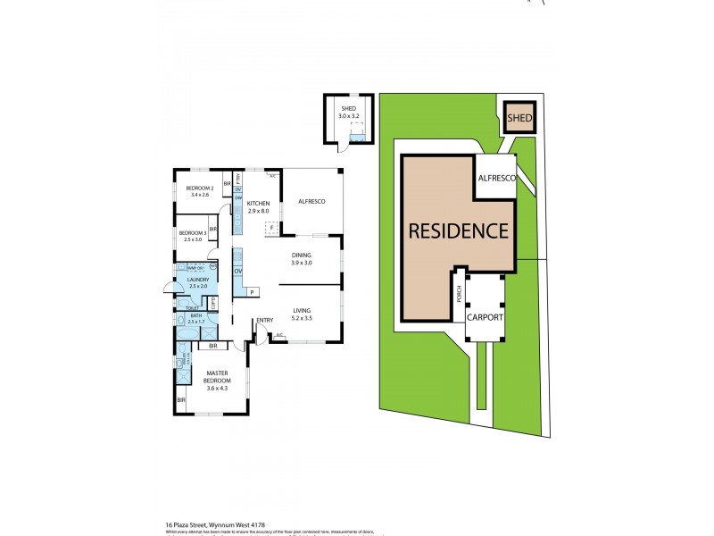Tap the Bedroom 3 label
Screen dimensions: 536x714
[194, 236]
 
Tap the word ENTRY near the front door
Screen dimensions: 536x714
[264, 321]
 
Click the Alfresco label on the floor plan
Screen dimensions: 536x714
[311, 202]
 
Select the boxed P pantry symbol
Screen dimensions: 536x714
[253, 292]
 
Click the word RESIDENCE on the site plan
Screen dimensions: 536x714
[459, 230]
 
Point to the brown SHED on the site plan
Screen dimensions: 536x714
[519, 117]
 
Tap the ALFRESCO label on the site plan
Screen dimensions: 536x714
[497, 180]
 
